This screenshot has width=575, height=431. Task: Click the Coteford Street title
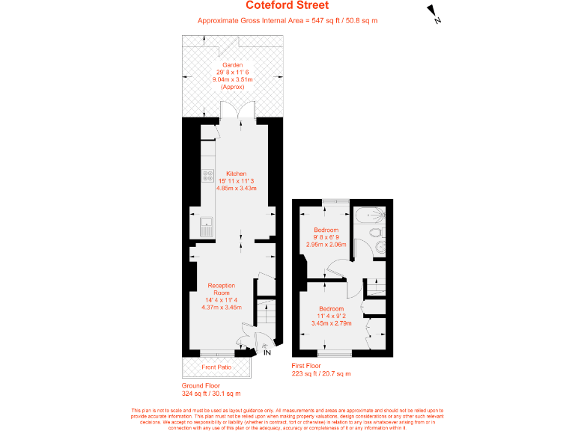tap(287, 6)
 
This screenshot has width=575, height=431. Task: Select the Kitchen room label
tap(236, 174)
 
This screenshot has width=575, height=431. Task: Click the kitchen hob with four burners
tap(208, 177)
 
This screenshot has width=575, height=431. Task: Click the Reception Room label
tap(221, 289)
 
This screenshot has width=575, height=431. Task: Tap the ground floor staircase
tap(262, 310)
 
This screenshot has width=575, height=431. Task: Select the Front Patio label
tap(216, 367)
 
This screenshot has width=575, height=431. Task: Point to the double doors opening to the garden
tap(236, 111)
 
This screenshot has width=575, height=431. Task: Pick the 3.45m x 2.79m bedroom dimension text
tap(331, 323)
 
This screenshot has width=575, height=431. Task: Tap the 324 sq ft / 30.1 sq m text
tap(211, 393)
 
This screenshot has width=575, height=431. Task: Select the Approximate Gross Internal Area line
tap(287, 21)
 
